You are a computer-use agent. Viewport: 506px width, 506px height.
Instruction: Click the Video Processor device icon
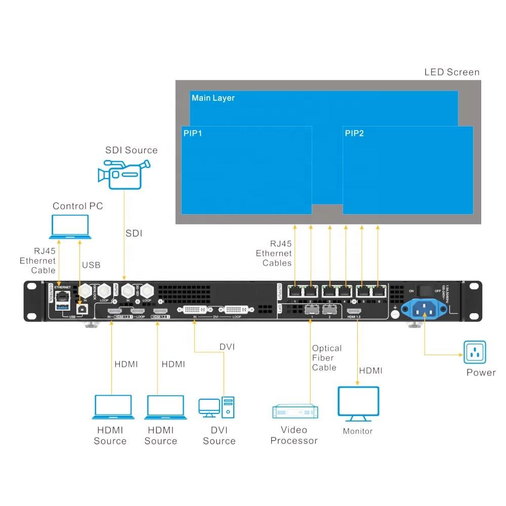(x=295, y=412)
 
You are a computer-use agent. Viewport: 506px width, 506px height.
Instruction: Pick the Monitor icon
(x=359, y=404)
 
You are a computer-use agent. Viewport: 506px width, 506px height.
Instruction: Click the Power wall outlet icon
(x=475, y=352)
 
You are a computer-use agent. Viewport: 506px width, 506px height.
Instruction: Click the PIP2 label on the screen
(x=354, y=134)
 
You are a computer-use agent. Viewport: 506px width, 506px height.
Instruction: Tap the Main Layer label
(x=213, y=98)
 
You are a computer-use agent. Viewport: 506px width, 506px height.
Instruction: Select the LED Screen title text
(x=451, y=72)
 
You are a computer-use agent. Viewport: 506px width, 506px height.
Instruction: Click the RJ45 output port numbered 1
(x=294, y=291)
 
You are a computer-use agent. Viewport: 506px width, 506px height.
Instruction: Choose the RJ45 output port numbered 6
(x=378, y=291)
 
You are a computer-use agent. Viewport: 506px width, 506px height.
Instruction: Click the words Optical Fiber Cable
(x=326, y=358)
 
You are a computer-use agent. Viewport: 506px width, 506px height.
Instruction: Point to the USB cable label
(x=91, y=265)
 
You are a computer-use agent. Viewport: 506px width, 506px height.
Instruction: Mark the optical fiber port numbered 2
(x=329, y=309)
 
